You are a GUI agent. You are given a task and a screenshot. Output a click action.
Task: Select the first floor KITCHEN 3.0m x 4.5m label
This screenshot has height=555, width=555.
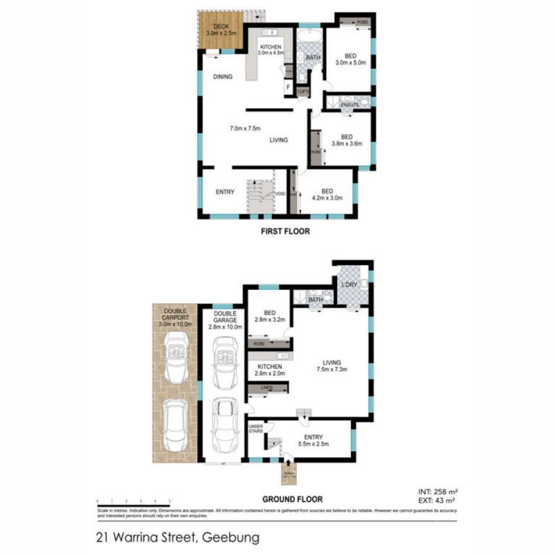click(271, 49)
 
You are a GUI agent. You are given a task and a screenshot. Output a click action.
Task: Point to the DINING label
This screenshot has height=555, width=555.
click(223, 77)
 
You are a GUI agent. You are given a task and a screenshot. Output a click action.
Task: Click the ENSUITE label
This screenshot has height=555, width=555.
click(349, 105)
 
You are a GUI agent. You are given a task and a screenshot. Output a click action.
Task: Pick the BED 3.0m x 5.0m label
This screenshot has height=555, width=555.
click(348, 59)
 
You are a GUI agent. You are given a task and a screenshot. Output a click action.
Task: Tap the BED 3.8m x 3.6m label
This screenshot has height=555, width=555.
click(347, 141)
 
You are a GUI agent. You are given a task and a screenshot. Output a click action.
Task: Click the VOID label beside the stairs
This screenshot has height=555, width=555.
click(280, 194)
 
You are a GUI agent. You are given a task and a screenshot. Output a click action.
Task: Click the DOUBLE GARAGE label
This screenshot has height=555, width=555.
click(221, 317)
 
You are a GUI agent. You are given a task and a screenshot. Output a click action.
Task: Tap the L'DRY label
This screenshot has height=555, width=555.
click(348, 284)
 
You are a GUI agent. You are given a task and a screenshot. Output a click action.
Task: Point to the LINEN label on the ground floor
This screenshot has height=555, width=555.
click(266, 388)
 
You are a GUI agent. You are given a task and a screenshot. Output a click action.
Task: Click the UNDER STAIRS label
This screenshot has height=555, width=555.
click(256, 429)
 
